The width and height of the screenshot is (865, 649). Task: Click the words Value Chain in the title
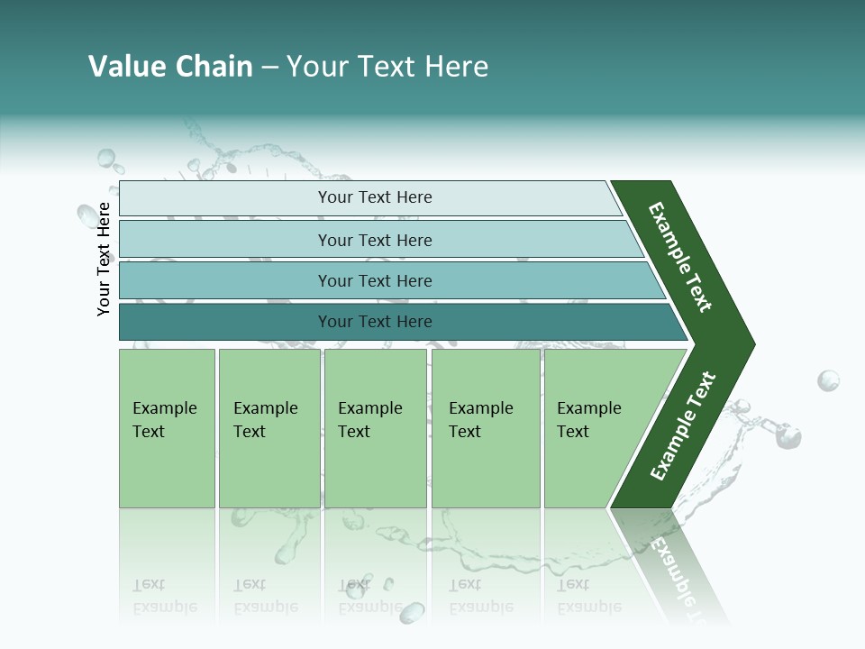(x=170, y=67)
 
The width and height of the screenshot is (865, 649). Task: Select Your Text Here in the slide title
(x=387, y=67)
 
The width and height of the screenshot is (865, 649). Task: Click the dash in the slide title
(x=269, y=67)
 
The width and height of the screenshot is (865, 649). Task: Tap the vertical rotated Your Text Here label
(x=104, y=259)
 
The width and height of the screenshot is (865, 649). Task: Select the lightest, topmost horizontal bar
(x=374, y=197)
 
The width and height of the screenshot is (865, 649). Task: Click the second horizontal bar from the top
(x=374, y=240)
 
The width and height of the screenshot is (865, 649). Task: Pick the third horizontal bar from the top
(x=374, y=280)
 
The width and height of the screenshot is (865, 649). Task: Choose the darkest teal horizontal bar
(x=374, y=322)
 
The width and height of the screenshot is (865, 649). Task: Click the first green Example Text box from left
(x=167, y=428)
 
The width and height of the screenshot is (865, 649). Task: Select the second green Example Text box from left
(x=269, y=428)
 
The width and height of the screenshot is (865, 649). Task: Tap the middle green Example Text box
(x=375, y=428)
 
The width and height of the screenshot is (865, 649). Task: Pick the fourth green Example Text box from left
(x=486, y=428)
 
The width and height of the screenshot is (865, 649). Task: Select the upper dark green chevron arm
(x=680, y=257)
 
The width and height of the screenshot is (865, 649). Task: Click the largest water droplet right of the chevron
(x=828, y=380)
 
